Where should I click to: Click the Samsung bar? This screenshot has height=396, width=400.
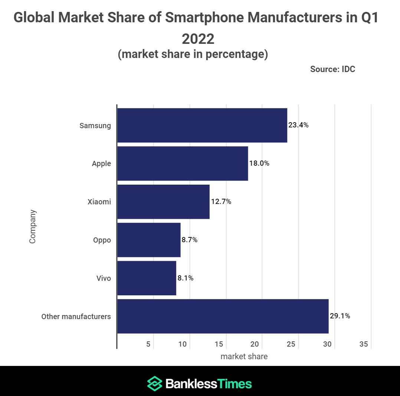[202, 125]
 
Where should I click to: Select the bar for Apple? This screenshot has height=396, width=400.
[183, 163]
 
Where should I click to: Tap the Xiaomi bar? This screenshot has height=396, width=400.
[163, 202]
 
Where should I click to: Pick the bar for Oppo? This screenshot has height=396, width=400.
[149, 240]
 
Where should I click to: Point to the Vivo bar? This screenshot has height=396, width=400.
[147, 278]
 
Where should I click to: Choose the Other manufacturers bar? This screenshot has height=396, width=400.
[223, 317]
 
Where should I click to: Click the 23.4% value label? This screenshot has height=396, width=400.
[299, 125]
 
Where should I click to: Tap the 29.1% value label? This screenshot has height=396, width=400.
[340, 317]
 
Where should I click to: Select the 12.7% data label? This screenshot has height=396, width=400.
[221, 202]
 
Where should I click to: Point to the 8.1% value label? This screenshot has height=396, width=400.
[186, 278]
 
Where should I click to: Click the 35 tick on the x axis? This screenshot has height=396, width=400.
[364, 344]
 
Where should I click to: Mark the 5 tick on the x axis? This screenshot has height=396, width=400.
[148, 344]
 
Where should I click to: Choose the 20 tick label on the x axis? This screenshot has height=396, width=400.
[255, 344]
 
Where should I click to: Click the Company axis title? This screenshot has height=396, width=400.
[33, 227]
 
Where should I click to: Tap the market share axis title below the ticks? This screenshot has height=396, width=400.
[244, 357]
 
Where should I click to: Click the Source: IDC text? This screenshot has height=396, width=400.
[332, 69]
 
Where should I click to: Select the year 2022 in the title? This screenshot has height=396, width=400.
[198, 39]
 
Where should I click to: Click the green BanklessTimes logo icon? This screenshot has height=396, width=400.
[154, 383]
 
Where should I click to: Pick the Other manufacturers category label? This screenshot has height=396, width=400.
[76, 317]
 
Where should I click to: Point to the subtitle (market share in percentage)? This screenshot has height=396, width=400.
[193, 54]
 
